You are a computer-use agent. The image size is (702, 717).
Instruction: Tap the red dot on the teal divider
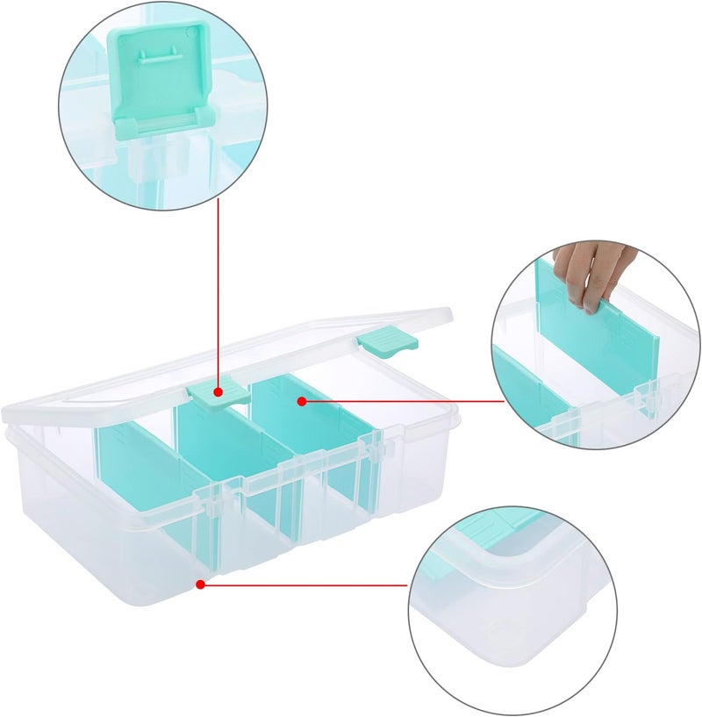pyautogui.click(x=301, y=401)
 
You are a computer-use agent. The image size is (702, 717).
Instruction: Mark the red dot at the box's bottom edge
pyautogui.click(x=201, y=584)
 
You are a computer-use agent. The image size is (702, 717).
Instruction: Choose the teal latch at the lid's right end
pyautogui.click(x=385, y=341)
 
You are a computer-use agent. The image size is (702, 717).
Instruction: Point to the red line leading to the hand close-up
pyautogui.click(x=404, y=401)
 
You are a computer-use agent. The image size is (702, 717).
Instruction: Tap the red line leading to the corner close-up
pyautogui.click(x=307, y=584)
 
